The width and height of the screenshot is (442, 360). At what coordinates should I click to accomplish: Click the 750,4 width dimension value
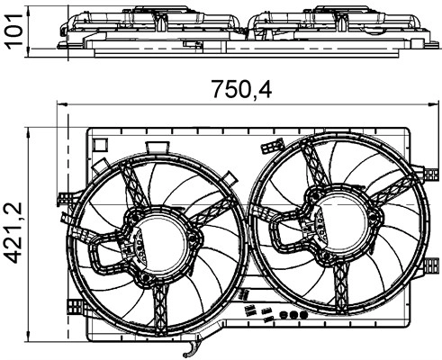tap(242, 89)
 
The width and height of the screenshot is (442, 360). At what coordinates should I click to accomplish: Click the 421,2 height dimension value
tap(14, 232)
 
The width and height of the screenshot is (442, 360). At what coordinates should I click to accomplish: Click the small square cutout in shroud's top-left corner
tap(100, 145)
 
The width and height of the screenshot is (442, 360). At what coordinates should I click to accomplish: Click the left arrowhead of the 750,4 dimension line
tap(61, 104)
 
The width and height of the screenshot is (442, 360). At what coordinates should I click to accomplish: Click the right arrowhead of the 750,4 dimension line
tap(434, 104)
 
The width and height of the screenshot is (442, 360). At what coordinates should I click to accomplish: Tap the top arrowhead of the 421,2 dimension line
tap(29, 132)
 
